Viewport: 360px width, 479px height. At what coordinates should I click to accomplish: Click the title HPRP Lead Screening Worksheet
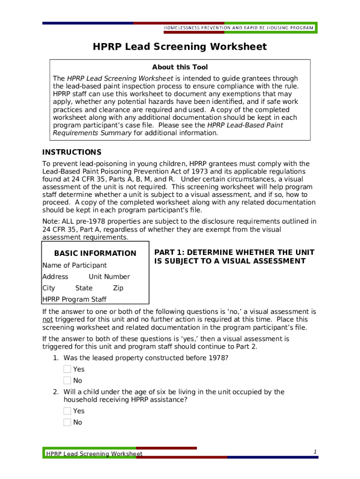[180, 47]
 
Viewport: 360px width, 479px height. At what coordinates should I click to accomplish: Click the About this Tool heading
[180, 67]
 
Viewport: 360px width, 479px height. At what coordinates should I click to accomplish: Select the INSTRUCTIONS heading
[72, 152]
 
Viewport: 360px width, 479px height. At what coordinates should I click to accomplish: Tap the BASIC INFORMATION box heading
[95, 254]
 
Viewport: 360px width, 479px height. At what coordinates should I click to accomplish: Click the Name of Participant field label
[74, 265]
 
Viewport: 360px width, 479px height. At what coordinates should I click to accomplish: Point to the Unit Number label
[109, 277]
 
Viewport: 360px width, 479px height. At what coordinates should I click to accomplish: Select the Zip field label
[118, 288]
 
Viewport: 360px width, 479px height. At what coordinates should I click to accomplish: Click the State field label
[84, 288]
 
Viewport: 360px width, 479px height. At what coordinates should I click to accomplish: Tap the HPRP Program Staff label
[74, 299]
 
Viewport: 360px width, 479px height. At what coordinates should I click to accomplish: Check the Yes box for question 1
[67, 369]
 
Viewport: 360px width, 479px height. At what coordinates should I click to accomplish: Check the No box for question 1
[67, 381]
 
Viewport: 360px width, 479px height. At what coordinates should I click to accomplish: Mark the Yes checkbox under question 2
[67, 411]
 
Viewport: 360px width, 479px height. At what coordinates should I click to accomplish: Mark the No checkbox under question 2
[67, 422]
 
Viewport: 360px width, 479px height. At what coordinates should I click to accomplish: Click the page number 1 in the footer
[315, 451]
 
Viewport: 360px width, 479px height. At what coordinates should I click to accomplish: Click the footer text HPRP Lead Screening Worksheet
[94, 454]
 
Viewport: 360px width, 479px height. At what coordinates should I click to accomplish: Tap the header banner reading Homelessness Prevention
[238, 28]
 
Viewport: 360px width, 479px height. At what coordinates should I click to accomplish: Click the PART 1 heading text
[234, 257]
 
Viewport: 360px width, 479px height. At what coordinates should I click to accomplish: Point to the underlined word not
[47, 319]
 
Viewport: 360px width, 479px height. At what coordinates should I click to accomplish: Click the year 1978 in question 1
[218, 358]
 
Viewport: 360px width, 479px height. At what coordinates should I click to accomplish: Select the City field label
[49, 288]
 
